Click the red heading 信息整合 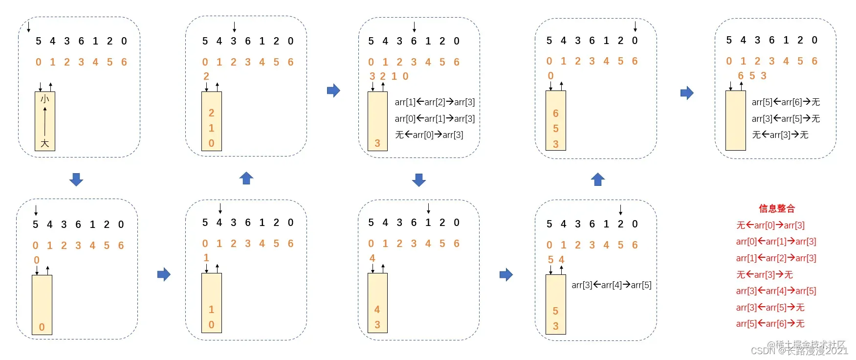[x=776, y=209]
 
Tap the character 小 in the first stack [x=45, y=99]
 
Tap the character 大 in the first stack [x=45, y=143]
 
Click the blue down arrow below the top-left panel [x=76, y=180]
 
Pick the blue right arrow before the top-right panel [x=687, y=92]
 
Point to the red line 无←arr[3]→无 [x=765, y=275]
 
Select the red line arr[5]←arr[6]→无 [x=770, y=324]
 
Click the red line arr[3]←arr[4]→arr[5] [x=776, y=291]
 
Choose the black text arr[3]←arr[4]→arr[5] [x=611, y=285]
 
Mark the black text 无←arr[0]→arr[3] [x=429, y=135]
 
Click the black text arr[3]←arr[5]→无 [x=786, y=119]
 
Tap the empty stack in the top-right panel [x=735, y=120]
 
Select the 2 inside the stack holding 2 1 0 [x=211, y=113]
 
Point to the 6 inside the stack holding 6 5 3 [x=555, y=113]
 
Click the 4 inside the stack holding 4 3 [x=377, y=310]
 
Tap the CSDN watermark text [x=799, y=350]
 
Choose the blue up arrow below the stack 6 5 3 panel [x=598, y=180]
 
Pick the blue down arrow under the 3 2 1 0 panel [x=419, y=180]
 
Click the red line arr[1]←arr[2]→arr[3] [x=776, y=258]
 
